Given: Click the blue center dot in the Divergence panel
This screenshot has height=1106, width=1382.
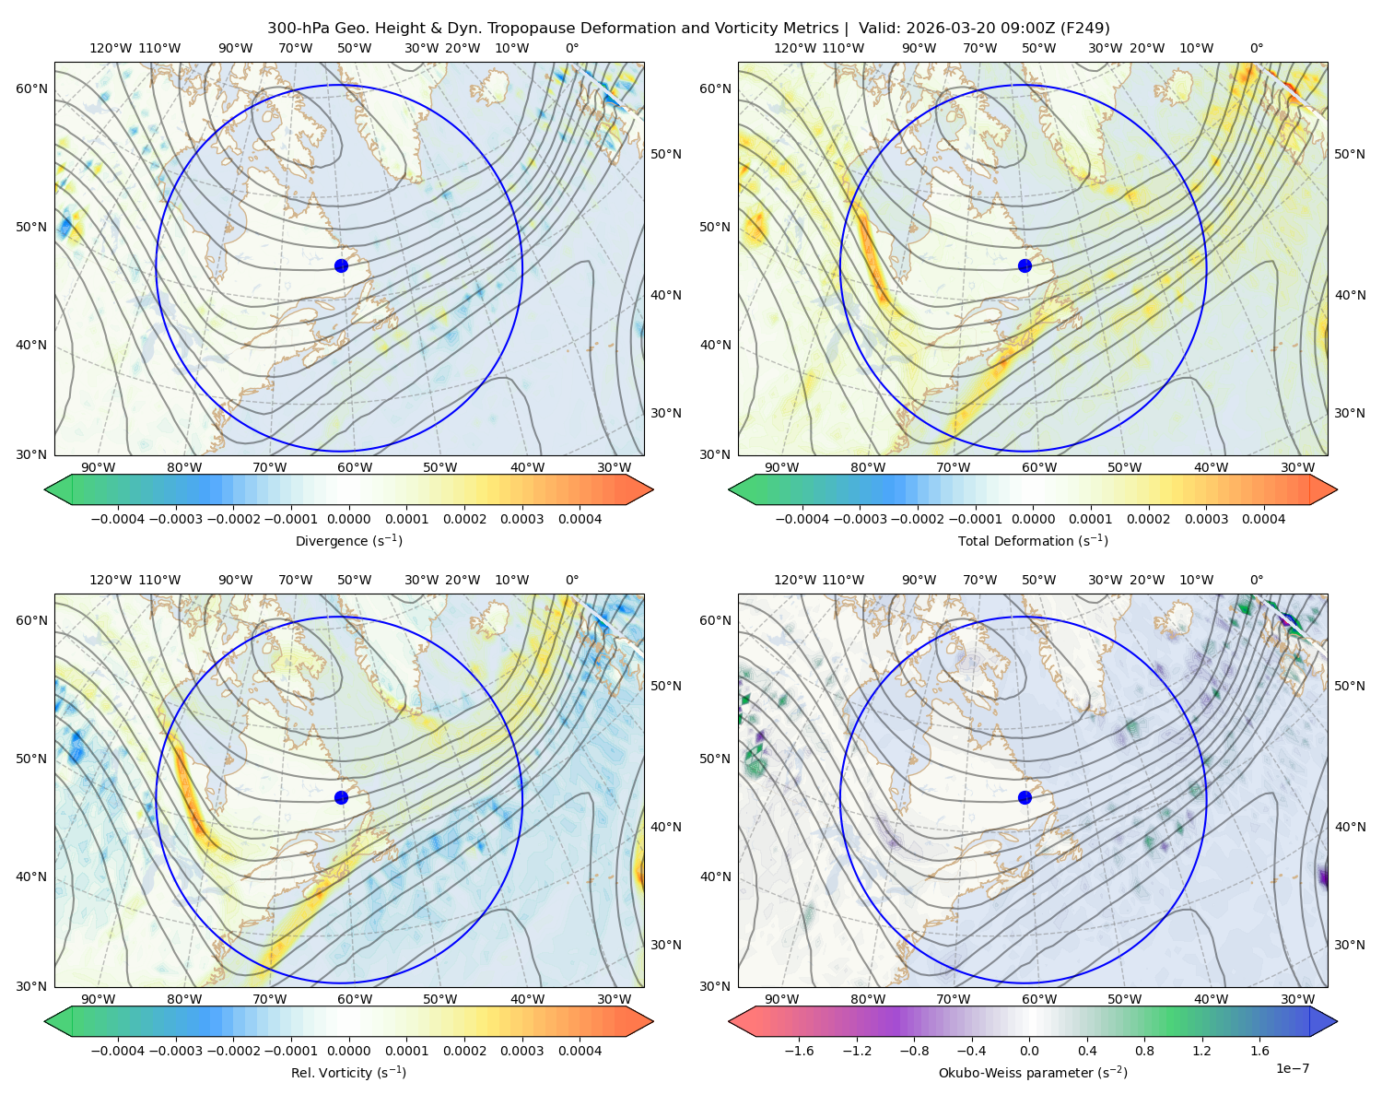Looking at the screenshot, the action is coord(341,265).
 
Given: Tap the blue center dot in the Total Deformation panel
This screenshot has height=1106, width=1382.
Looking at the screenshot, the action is coord(1025,265).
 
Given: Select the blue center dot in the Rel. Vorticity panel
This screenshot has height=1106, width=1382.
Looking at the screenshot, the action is coord(341,797).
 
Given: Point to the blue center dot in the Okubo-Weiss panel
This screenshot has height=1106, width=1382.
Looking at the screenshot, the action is coord(1025,797).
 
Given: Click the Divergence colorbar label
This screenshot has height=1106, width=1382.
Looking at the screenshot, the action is coord(348,540).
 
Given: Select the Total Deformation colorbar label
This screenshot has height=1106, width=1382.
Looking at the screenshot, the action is coord(1033,540).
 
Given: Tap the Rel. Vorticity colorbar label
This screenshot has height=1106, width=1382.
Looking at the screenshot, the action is coord(348,1072).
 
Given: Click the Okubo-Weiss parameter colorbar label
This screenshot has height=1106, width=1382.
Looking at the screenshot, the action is coord(1033,1072).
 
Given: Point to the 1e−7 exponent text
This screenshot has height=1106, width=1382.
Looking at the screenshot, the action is coord(1292,1068).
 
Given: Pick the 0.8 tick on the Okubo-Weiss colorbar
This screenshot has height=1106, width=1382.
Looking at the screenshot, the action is coord(1144,1050).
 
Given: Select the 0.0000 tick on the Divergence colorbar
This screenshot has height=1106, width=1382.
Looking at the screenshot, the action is coord(348,519).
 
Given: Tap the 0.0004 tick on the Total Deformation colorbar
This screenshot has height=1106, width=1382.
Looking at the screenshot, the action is coord(1263,519).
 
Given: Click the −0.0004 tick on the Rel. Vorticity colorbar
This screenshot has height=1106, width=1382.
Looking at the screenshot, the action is coord(118,1050).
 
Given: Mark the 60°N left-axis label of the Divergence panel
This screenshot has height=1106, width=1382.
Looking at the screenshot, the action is coord(31,88).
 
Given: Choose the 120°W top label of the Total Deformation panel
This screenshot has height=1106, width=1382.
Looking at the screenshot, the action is coord(794,48).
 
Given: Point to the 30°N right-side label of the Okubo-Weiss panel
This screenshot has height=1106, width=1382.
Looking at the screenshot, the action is coord(1350,944).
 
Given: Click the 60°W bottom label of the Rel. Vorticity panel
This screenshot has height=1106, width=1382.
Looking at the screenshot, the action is coord(355,999).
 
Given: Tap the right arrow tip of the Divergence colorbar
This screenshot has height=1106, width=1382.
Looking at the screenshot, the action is coord(653,489).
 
